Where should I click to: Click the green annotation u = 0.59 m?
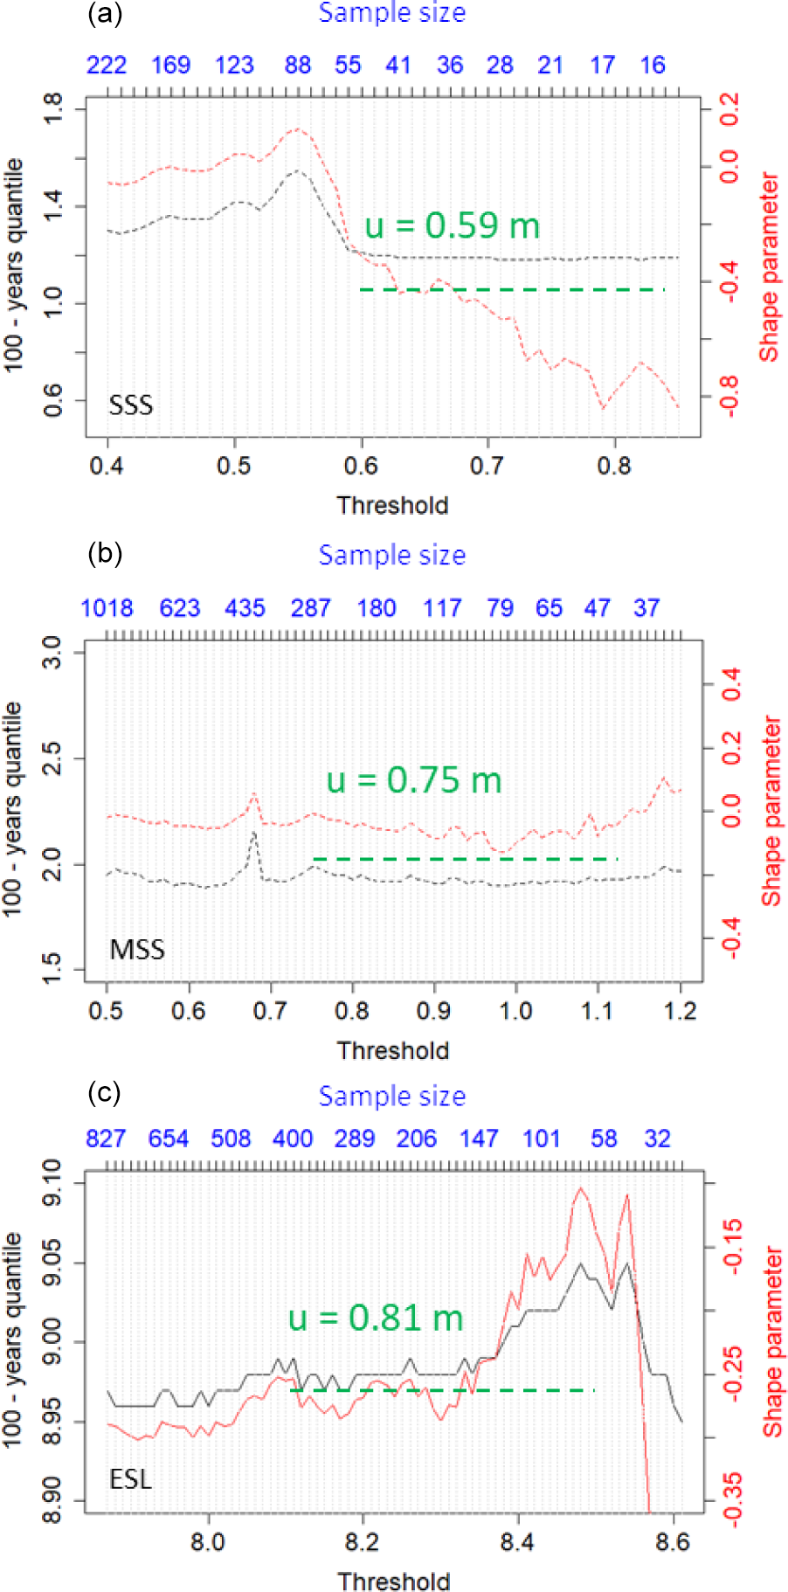pos(452,225)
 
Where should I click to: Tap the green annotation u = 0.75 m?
pos(414,780)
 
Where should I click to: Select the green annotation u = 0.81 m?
pos(376,1318)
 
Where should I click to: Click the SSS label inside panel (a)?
pos(130,405)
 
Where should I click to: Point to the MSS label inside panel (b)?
pos(137,949)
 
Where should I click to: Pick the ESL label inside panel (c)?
pos(130,1478)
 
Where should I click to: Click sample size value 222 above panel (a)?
pos(107,66)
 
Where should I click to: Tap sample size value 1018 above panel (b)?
pos(107,608)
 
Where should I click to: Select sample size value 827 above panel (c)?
pos(106,1139)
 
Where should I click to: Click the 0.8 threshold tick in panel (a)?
pos(614,466)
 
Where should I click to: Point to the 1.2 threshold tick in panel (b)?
pos(681,1011)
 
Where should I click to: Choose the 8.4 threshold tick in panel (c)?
pos(517,1542)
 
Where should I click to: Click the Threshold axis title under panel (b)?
pos(393,1050)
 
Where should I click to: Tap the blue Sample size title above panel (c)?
pos(392,1096)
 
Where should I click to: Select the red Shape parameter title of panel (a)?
pos(769,266)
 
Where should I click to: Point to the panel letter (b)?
pos(105,554)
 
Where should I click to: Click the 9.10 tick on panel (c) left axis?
pos(52,1182)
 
